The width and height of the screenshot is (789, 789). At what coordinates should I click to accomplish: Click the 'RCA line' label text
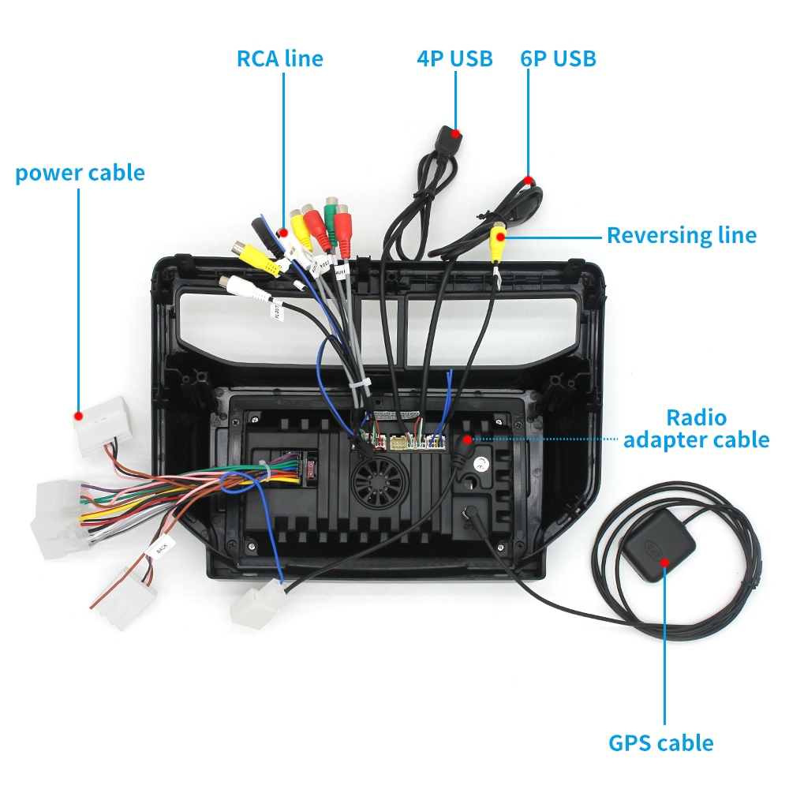tap(279, 58)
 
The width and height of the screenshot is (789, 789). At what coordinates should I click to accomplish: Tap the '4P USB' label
tap(454, 58)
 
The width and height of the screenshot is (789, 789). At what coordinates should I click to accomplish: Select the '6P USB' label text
tap(558, 58)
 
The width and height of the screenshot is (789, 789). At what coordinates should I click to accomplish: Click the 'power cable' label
tap(80, 173)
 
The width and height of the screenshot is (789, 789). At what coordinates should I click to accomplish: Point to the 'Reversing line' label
tap(681, 235)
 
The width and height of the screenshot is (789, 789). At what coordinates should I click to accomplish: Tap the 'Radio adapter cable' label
tap(696, 428)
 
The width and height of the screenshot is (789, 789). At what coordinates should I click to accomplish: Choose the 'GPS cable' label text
tap(660, 742)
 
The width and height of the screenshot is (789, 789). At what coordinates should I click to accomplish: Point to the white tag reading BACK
tap(161, 547)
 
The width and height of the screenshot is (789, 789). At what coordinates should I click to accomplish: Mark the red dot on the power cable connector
tap(78, 415)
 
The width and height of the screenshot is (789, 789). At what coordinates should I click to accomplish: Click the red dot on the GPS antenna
tap(664, 561)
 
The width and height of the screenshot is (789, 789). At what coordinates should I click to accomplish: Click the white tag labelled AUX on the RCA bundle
tap(342, 272)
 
